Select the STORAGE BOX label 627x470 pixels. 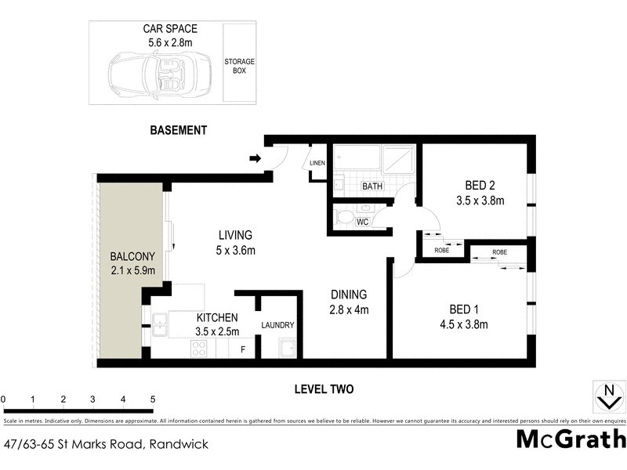click(240, 66)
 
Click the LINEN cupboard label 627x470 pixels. click(317, 163)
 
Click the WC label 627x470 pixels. click(362, 222)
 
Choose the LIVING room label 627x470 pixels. click(235, 235)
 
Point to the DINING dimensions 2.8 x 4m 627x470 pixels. click(349, 309)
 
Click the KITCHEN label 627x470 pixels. click(217, 317)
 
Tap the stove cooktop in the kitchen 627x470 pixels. click(198, 349)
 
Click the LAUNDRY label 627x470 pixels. click(277, 325)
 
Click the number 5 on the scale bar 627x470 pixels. click(152, 399)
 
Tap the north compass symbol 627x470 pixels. click(605, 396)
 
